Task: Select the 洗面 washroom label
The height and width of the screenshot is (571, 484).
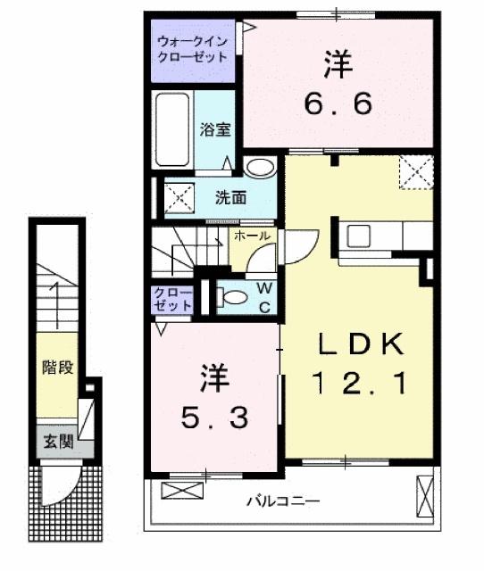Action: click(x=230, y=196)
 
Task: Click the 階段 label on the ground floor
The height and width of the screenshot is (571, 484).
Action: click(x=56, y=366)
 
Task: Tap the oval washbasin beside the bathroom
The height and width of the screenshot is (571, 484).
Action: click(x=261, y=167)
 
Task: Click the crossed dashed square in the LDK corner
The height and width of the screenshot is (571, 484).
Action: click(x=415, y=171)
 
